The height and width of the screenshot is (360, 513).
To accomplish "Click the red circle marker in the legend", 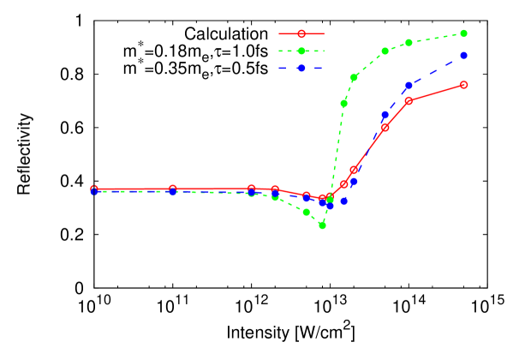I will click(x=301, y=33).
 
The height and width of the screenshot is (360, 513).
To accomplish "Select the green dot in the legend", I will click(x=301, y=51).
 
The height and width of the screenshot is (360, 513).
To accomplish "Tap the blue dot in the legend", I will click(x=301, y=68).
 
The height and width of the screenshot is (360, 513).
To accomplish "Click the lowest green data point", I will click(x=323, y=225).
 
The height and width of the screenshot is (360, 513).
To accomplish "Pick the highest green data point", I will click(x=464, y=33).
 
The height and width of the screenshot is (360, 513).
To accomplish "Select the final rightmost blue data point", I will click(x=464, y=55).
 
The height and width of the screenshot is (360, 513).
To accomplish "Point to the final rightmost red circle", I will click(x=464, y=85).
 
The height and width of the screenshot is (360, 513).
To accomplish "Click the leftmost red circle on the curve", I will click(x=94, y=189).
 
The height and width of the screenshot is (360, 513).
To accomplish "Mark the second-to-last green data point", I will click(x=409, y=42).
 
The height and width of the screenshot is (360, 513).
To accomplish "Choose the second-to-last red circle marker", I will click(x=409, y=100).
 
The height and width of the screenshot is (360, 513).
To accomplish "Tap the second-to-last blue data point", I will click(x=409, y=86).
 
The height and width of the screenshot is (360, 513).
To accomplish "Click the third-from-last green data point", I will click(x=385, y=51).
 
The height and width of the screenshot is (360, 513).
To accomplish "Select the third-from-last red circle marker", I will click(x=385, y=128).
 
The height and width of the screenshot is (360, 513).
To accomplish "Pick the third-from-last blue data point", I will click(x=385, y=115).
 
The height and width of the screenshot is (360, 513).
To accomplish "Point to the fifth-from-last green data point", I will click(x=344, y=103).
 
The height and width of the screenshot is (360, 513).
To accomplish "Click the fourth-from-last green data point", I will click(x=354, y=77).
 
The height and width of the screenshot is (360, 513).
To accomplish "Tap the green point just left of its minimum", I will click(x=307, y=212).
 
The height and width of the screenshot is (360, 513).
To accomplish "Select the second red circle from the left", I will click(x=173, y=189).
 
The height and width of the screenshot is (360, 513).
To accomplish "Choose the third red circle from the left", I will click(x=252, y=189).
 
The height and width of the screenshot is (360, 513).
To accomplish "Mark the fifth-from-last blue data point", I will click(x=344, y=201).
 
